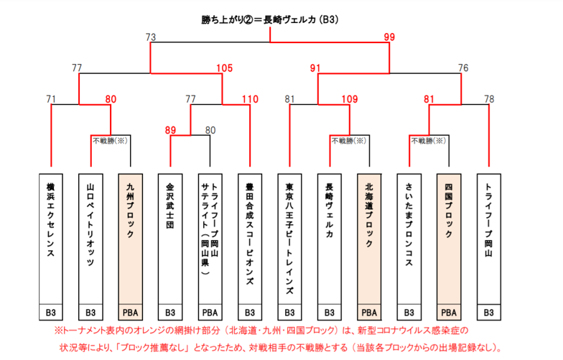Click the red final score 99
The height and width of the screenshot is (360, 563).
pos(389,37)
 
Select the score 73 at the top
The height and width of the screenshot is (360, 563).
pos(150,37)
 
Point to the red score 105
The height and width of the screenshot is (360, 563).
pos(225,68)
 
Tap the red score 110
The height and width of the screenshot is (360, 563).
pos(250,99)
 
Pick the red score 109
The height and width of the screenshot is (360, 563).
pos(350,99)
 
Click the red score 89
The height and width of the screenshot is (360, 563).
pos(170,130)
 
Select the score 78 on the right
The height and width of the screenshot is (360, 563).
pos(488,99)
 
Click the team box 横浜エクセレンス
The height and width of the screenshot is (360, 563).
pos(51,237)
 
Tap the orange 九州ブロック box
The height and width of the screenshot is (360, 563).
pos(130,237)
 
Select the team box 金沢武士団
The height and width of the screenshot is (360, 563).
pos(170,237)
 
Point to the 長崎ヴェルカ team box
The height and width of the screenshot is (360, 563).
pos(329,237)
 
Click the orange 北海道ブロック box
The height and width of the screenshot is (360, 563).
pos(369,237)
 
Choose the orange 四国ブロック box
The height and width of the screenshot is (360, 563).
pos(449,237)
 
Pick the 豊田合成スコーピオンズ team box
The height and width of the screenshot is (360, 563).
pos(250,237)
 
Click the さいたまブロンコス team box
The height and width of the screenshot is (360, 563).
pos(409,237)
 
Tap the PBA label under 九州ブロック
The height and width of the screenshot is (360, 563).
pos(130,313)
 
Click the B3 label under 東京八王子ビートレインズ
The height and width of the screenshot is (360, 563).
pos(289,313)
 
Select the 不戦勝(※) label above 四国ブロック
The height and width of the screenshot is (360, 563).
pos(429,142)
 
